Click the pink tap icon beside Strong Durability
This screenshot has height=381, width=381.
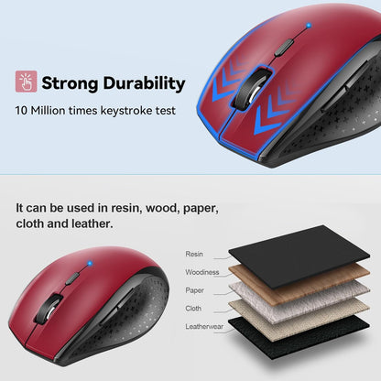coord(26,82)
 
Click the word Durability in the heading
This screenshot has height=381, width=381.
coord(136,83)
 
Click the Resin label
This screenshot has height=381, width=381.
coord(194,254)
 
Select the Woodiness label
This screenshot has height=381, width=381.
coord(201,272)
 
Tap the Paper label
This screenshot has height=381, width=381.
coord(195,290)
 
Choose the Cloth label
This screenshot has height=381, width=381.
coord(194,309)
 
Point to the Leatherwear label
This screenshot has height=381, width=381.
coord(205,327)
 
